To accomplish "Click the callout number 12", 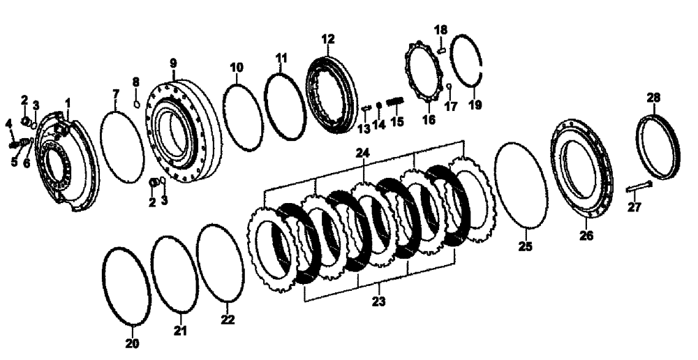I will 329,39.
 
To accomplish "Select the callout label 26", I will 586,236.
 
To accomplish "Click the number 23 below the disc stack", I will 379,301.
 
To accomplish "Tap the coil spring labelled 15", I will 395,103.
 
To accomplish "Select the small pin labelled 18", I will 441,50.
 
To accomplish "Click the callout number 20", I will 132,343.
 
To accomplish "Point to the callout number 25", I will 525,246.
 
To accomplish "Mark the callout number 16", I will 428,119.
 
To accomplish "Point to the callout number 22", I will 228,320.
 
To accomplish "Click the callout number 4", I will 9,123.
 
